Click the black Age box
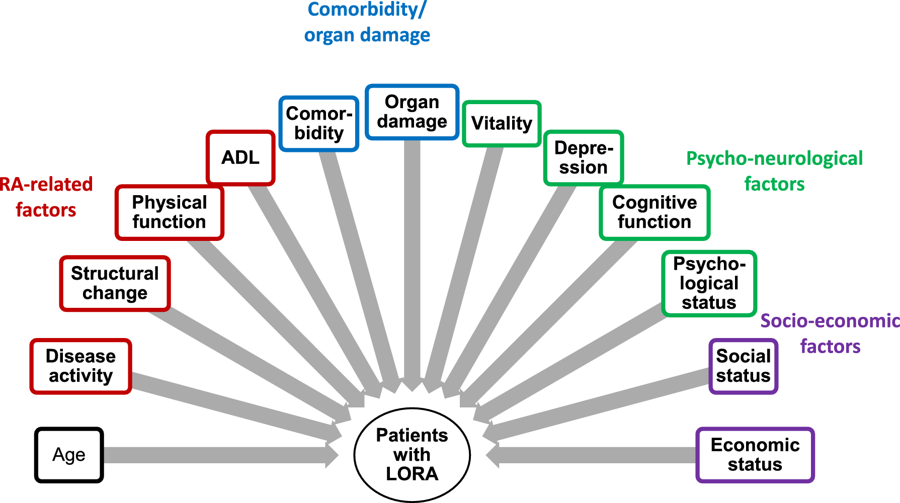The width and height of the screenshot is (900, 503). point(69,455)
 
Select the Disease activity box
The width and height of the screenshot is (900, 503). point(80,366)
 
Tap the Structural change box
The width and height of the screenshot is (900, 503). point(115,283)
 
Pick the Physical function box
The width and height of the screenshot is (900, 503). point(170,212)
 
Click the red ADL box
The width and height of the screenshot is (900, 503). point(240,157)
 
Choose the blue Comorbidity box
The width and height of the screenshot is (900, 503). point(319,123)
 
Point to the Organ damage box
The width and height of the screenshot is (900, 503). point(412,112)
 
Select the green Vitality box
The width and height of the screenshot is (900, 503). point(502,123)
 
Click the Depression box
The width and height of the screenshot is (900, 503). point(584,158)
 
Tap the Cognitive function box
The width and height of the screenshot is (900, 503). point(654,212)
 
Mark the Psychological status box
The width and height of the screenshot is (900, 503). point(709,283)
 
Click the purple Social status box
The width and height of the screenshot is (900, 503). point(744,366)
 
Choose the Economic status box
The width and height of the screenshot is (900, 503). point(755,455)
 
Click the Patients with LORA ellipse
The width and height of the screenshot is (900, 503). point(412,455)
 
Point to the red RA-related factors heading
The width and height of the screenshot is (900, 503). point(46,197)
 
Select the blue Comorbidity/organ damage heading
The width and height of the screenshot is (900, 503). point(367,22)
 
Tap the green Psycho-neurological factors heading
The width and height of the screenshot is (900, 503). point(774,171)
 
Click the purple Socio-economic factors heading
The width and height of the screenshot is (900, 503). point(830,333)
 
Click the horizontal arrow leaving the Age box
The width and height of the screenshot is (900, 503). point(216,455)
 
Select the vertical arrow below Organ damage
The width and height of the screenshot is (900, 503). point(412,262)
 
